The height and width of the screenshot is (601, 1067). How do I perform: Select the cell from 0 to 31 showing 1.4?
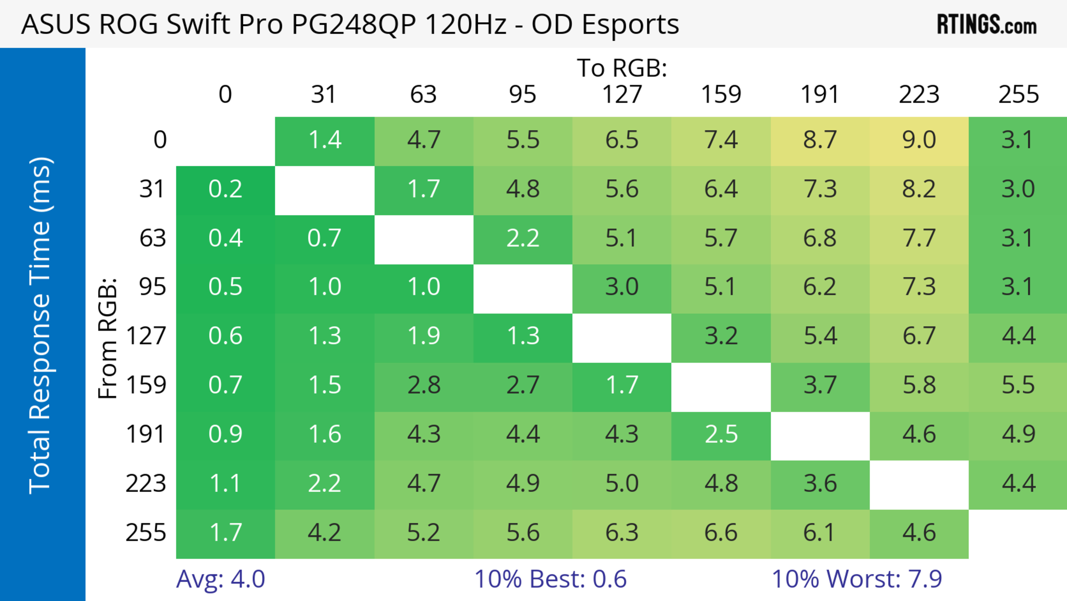[x=325, y=140]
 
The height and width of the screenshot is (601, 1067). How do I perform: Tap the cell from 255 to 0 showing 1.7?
[x=225, y=533]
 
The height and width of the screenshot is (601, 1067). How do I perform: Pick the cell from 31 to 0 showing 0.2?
[x=225, y=189]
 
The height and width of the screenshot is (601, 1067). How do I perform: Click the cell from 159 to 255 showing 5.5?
[x=1018, y=385]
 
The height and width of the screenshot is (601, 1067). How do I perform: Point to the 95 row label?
[x=153, y=287]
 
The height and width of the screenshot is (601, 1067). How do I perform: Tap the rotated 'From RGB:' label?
[x=108, y=338]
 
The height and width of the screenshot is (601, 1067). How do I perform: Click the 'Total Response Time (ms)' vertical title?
[x=41, y=325]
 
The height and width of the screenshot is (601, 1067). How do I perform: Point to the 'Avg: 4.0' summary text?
[x=220, y=579]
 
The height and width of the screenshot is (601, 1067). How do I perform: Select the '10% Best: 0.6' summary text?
[x=550, y=579]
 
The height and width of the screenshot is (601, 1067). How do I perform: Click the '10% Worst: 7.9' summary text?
[x=857, y=579]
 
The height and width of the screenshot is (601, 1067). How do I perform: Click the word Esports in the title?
[x=630, y=25]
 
